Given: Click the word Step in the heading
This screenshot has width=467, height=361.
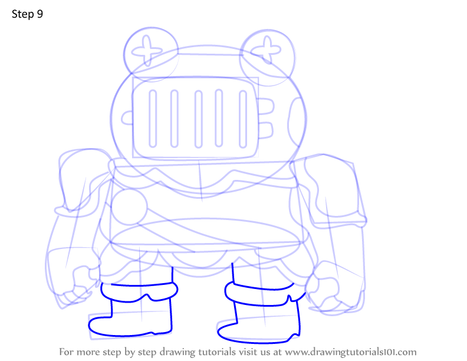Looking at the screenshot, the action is point(22,14).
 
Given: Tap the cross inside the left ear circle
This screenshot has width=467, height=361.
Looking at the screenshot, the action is point(147,51).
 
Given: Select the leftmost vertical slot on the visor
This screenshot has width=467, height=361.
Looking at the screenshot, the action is point(153,119).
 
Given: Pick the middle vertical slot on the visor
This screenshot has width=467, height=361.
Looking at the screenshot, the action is point(198,119).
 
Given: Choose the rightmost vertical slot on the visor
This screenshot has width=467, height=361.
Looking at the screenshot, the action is point(243,119).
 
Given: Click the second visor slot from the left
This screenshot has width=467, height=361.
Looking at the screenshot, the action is point(174,119).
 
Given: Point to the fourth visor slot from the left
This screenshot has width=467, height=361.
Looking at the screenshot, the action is point(219,118).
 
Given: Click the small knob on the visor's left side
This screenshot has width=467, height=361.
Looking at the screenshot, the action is point(127,118).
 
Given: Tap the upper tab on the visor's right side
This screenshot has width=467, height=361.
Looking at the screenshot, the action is point(266,106).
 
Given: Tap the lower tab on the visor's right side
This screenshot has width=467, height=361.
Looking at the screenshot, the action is point(266,130).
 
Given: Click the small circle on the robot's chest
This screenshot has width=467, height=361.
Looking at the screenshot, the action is point(129,206).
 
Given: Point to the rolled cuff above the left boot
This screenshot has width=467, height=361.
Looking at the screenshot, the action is point(139,292).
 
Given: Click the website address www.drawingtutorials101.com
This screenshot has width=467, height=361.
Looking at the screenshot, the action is point(351,352).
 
